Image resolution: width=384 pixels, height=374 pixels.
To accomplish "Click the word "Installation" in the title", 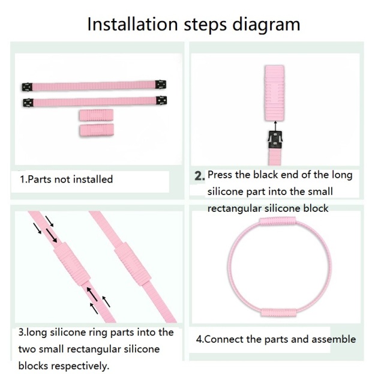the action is coord(133,24).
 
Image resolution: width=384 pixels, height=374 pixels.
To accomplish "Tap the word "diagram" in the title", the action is coord(266,25).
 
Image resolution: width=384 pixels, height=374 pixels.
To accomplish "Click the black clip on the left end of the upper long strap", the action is coord(27,87).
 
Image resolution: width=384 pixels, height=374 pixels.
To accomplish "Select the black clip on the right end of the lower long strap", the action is coord(161,100).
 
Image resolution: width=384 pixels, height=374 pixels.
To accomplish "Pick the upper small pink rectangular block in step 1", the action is coord(96,115).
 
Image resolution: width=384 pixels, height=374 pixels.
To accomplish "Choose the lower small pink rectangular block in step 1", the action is coord(97,130).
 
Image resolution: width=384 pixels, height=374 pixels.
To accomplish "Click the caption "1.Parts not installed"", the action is coord(66,179).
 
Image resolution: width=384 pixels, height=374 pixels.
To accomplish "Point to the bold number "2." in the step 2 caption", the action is coord(200,176).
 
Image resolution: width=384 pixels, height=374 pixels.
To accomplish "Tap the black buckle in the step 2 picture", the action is coord(275,140).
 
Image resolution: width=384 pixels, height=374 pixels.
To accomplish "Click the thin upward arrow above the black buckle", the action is coord(275,125).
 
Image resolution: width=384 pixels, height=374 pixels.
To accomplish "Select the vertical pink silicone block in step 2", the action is coord(274,93).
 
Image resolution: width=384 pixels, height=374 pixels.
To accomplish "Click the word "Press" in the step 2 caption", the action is coord(220,175).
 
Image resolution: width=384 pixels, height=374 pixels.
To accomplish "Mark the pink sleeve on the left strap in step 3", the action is coord(72,263).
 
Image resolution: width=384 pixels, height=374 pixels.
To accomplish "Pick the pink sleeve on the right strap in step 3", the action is coord(133,265).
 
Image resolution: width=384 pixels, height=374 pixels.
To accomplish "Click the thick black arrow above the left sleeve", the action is coord(52,235).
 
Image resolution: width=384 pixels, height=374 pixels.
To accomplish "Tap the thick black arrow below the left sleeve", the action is coord(92,294).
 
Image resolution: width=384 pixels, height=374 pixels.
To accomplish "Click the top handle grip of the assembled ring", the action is coord(277,222).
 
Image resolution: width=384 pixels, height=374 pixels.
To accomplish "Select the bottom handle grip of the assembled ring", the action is coord(279,312).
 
